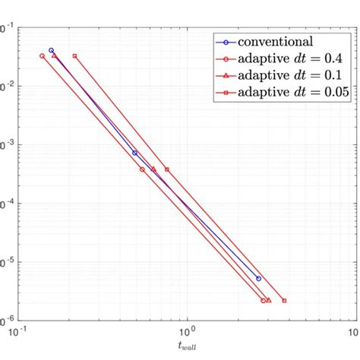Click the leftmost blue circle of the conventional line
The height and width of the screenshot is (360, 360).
[52, 50]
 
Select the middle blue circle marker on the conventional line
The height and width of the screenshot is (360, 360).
[135, 153]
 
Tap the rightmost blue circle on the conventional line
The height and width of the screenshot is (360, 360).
[258, 279]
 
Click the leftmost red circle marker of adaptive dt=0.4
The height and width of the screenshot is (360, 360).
[42, 56]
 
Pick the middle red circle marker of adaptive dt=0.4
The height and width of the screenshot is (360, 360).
[143, 169]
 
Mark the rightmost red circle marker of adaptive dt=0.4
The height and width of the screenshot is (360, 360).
[264, 301]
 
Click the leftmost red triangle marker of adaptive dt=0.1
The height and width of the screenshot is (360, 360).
[54, 56]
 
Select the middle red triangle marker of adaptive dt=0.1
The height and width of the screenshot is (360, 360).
[153, 169]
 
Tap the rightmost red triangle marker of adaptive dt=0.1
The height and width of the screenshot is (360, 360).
[269, 301]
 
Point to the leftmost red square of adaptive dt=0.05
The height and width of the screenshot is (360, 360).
[74, 56]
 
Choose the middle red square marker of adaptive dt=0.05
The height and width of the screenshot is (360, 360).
[167, 169]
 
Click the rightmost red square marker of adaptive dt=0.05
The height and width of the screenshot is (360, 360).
[284, 301]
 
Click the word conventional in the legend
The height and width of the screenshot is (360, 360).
[277, 41]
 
